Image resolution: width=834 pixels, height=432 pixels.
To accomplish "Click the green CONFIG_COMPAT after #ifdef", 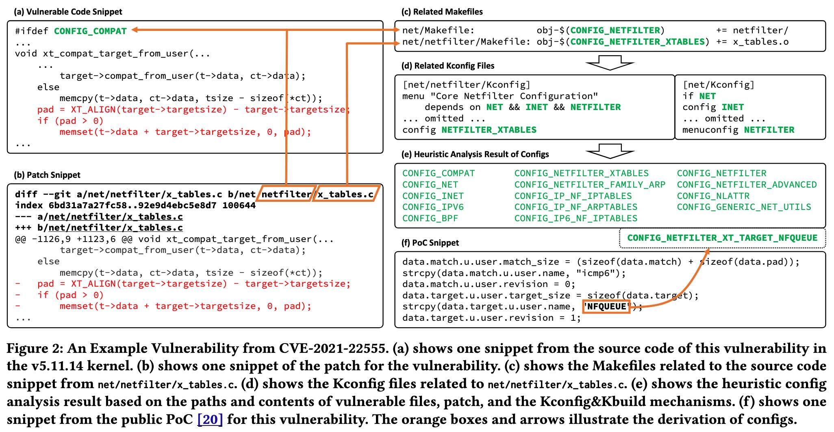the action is (x=90, y=31).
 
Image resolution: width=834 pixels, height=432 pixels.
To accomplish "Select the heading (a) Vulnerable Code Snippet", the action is (x=68, y=12).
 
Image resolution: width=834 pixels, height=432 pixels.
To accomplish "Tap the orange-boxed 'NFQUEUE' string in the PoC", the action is (x=606, y=307).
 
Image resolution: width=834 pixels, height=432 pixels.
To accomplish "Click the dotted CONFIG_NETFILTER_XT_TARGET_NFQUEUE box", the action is (x=722, y=238).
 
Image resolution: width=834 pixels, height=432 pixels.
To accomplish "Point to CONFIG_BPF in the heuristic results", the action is (x=430, y=218).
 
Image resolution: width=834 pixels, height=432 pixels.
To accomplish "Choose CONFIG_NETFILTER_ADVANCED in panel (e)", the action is (x=747, y=185).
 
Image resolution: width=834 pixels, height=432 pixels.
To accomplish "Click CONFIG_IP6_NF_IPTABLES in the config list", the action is (x=576, y=218).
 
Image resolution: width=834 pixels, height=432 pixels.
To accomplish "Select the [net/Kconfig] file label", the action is (x=718, y=85).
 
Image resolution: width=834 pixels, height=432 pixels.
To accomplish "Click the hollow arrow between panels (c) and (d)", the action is (x=610, y=63).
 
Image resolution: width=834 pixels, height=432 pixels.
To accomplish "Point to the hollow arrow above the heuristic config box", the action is (x=610, y=151).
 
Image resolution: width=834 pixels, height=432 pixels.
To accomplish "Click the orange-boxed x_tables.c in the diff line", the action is (x=346, y=194).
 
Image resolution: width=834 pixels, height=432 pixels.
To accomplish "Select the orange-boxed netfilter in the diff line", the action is (x=286, y=194).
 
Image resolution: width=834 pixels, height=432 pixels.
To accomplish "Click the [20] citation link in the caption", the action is (x=210, y=419).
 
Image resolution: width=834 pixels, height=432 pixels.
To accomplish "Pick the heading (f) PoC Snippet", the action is (x=430, y=243).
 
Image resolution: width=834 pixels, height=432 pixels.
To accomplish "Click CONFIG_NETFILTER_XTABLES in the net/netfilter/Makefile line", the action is (x=638, y=42).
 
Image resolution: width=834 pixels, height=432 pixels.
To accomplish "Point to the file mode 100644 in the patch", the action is (x=239, y=205).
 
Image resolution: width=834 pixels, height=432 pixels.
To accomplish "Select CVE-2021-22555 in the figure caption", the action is (x=332, y=348).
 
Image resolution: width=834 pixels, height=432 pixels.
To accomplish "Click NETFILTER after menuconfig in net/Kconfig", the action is (x=769, y=130).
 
